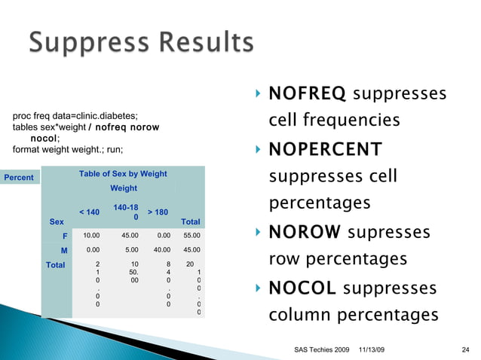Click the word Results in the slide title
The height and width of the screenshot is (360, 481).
click(x=203, y=44)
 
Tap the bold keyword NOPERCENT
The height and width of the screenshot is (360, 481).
click(x=326, y=148)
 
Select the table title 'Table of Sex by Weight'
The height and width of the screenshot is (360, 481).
click(x=123, y=175)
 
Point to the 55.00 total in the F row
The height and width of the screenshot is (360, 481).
click(x=192, y=235)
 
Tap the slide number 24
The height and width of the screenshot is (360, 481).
click(x=465, y=350)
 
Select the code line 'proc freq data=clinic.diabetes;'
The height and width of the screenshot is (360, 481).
click(x=75, y=115)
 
